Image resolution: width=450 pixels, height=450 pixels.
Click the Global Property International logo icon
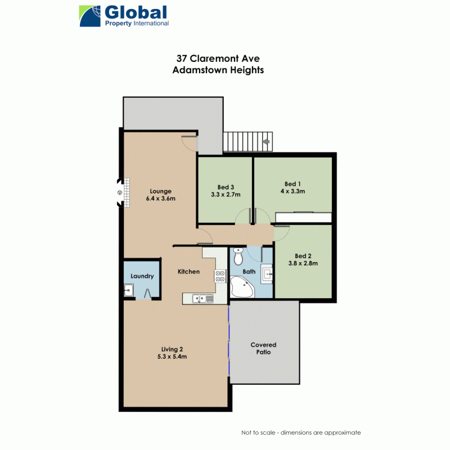(x=91, y=16)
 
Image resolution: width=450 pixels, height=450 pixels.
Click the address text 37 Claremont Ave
(x=218, y=58)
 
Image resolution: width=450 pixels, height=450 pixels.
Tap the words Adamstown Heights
(x=218, y=70)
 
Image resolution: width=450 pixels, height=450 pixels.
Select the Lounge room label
(x=161, y=191)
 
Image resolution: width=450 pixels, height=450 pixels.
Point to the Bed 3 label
(x=226, y=187)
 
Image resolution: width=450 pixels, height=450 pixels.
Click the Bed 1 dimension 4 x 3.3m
(x=293, y=191)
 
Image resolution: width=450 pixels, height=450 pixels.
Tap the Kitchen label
(x=188, y=272)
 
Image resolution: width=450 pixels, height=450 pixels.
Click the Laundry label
(x=142, y=276)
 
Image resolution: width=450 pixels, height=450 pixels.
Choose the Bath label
(x=249, y=272)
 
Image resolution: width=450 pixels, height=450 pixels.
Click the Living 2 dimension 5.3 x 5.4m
(x=172, y=356)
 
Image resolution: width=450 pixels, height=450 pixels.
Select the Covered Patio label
(x=263, y=348)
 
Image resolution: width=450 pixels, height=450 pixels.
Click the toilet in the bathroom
(x=238, y=256)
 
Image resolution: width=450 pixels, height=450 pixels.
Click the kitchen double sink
(x=199, y=299)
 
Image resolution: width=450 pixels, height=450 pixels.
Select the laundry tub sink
(x=129, y=291)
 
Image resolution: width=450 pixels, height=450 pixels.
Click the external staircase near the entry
(x=247, y=142)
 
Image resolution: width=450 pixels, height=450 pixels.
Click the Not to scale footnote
(x=301, y=433)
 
